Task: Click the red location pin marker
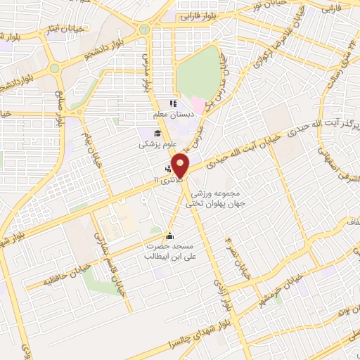[181, 165]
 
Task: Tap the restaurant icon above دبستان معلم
[172, 104]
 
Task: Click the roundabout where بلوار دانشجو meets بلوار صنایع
[55, 68]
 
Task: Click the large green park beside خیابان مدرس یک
[198, 74]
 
